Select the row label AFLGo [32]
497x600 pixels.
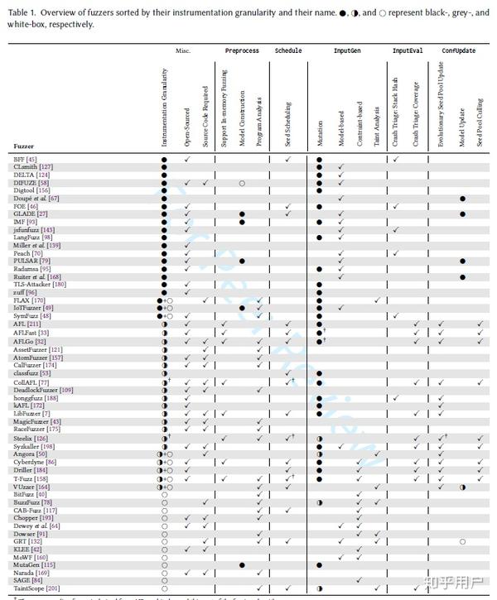click(x=30, y=341)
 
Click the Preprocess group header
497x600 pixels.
click(x=242, y=50)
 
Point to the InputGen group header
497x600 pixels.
click(x=349, y=50)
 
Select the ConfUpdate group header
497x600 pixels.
click(x=458, y=50)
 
